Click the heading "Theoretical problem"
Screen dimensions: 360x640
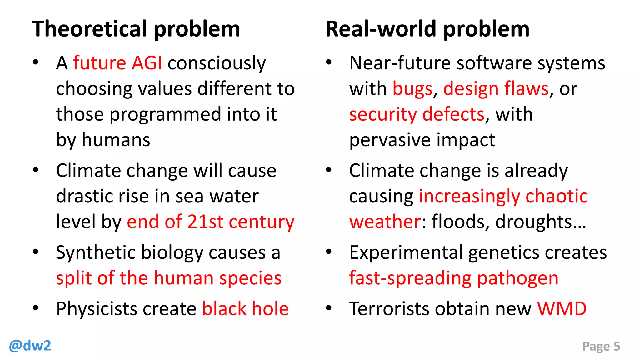pyautogui.click(x=136, y=29)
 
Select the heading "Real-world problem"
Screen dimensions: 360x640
pyautogui.click(x=427, y=29)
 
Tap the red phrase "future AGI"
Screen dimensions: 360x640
pyautogui.click(x=117, y=63)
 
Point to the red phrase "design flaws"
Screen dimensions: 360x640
pyautogui.click(x=496, y=89)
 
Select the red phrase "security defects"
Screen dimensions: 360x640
pyautogui.click(x=417, y=114)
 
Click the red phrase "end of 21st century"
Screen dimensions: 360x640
pyautogui.click(x=211, y=222)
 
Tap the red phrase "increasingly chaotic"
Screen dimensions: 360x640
pyautogui.click(x=503, y=196)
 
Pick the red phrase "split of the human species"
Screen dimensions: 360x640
pyautogui.click(x=169, y=278)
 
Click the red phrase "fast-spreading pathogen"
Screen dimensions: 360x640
pyautogui.click(x=454, y=278)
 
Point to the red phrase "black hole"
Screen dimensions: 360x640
pyautogui.click(x=245, y=309)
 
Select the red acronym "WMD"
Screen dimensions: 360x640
pyautogui.click(x=562, y=309)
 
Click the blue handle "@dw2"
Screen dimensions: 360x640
pyautogui.click(x=30, y=346)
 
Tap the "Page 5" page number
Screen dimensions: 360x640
pyautogui.click(x=601, y=346)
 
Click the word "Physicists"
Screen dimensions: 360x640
pyautogui.click(x=97, y=309)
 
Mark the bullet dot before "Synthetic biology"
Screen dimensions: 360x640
pyautogui.click(x=36, y=252)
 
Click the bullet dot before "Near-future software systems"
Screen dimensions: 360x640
pyautogui.click(x=328, y=62)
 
